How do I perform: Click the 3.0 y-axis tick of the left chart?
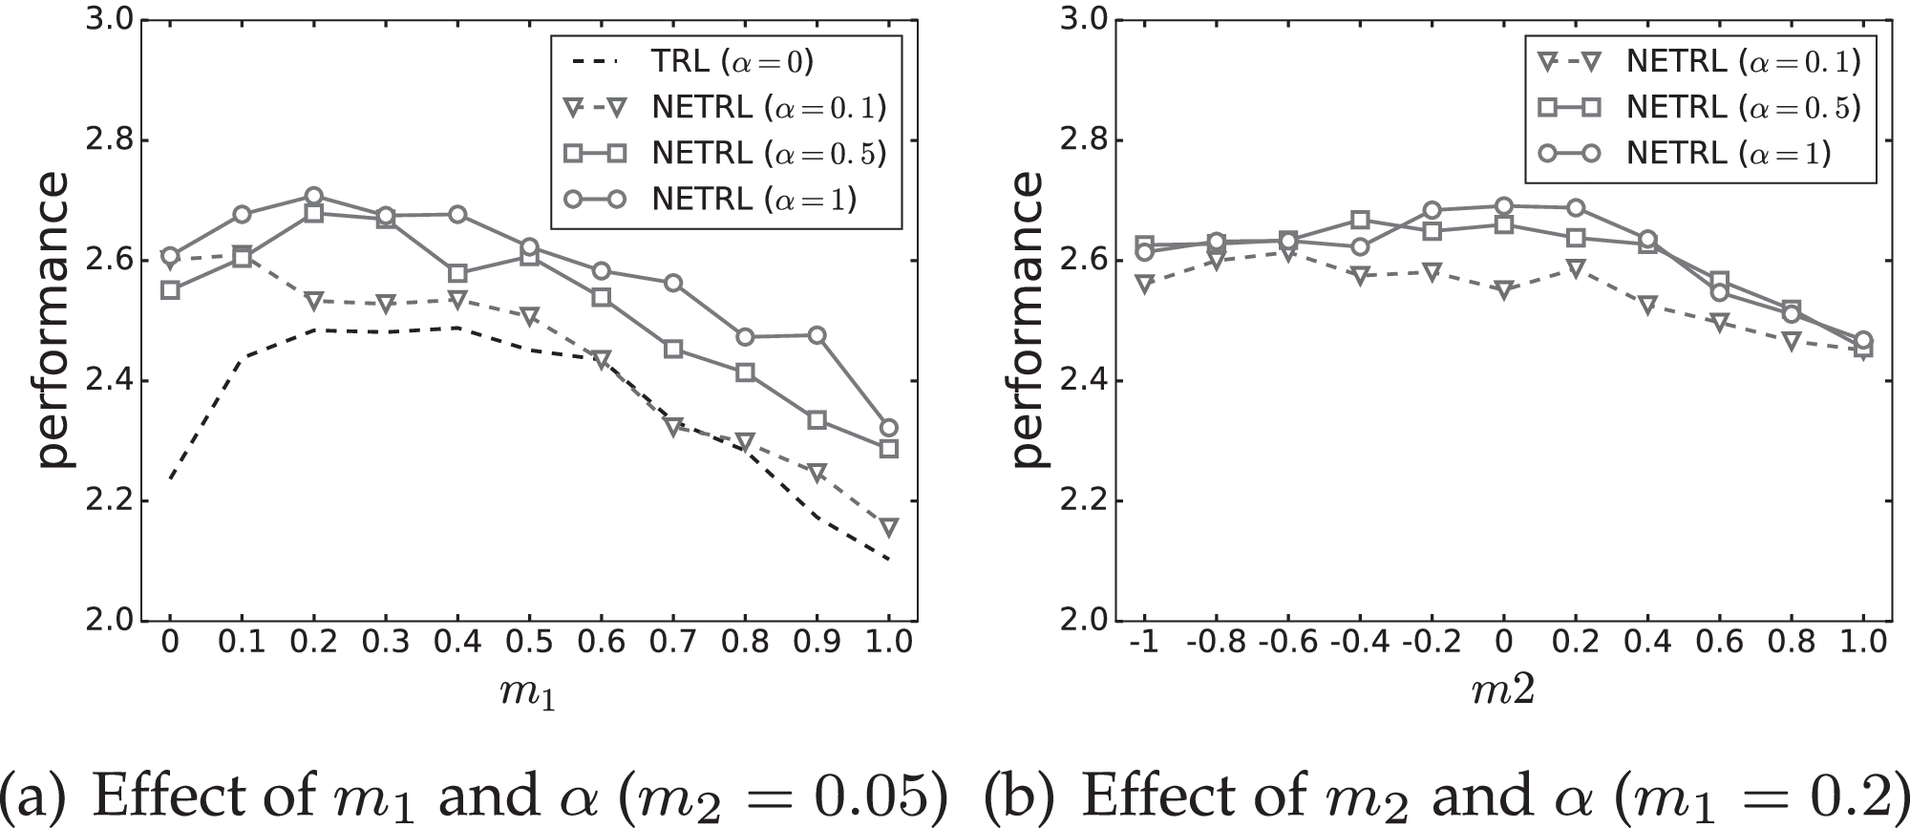point(106,20)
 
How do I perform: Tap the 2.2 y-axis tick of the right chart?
point(1080,501)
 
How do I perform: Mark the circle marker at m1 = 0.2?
point(314,196)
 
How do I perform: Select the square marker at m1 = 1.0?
point(888,448)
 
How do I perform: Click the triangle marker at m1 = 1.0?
point(888,526)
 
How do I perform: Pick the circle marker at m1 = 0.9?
point(817,335)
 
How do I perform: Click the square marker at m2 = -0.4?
point(1360,221)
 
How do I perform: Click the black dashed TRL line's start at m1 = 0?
point(170,478)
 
